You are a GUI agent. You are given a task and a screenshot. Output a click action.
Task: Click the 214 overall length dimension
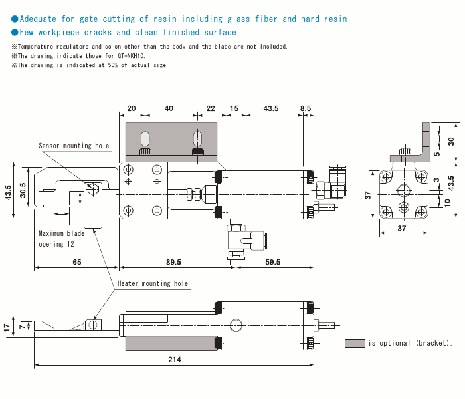pyautogui.click(x=173, y=360)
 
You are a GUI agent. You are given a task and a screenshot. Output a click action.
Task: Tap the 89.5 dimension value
pyautogui.click(x=173, y=263)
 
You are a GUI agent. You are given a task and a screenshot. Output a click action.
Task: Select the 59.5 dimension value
pyautogui.click(x=272, y=263)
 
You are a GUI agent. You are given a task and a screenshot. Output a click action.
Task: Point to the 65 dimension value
pyautogui.click(x=76, y=263)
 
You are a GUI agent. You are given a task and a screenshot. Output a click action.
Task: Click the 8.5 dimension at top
pyautogui.click(x=306, y=108)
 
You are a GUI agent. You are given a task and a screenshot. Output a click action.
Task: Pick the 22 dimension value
pyautogui.click(x=211, y=108)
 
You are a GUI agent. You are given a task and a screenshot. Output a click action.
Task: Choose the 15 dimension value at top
pyautogui.click(x=234, y=108)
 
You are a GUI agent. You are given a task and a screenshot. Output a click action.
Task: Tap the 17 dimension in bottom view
pyautogui.click(x=7, y=327)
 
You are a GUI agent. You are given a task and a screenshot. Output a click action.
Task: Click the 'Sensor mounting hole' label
pyautogui.click(x=74, y=146)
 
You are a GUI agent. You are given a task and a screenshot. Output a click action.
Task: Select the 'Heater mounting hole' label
pyautogui.click(x=153, y=283)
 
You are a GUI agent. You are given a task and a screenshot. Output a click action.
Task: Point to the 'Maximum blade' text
pyautogui.click(x=62, y=234)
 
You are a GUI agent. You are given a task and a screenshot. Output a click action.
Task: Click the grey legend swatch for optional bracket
pyautogui.click(x=355, y=343)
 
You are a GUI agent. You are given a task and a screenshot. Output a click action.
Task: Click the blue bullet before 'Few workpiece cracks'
pyautogui.click(x=15, y=32)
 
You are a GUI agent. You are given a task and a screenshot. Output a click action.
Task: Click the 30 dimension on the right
pyautogui.click(x=451, y=141)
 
